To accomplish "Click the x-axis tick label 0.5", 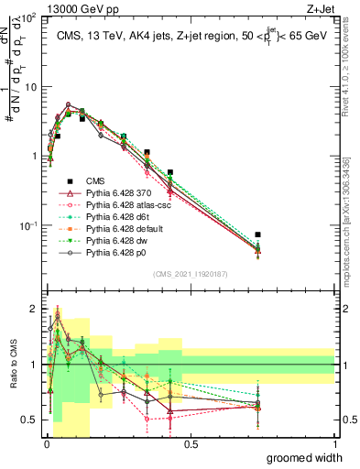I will point(191,443).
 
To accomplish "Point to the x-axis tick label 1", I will point(334,443).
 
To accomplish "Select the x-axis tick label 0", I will point(47,443).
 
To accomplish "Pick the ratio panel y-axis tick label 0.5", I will point(30,420).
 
